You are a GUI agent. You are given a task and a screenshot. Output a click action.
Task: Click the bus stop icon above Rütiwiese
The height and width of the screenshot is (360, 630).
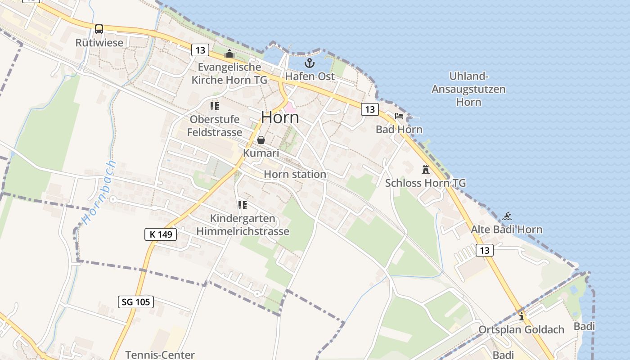99,29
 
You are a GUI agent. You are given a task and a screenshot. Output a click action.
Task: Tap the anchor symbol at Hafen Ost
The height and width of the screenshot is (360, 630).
310,63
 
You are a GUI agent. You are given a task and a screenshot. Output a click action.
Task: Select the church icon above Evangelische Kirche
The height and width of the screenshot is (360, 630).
229,54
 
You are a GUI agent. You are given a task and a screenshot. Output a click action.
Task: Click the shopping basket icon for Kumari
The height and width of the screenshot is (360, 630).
261,140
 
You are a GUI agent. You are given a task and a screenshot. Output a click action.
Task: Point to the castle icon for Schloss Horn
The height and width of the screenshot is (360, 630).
426,170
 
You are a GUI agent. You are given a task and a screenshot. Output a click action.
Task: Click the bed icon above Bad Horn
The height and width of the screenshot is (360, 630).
399,116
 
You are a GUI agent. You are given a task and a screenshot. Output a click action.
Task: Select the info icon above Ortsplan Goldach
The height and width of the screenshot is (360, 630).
522,316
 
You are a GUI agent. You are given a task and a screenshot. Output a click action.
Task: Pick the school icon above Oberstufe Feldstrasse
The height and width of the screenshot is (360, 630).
215,106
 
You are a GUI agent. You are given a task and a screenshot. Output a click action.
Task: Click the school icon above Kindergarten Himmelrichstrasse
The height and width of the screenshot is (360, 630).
243,205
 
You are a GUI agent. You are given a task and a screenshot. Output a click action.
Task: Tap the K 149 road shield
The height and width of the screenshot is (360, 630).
161,234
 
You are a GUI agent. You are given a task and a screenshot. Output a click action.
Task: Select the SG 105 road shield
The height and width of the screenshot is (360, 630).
136,301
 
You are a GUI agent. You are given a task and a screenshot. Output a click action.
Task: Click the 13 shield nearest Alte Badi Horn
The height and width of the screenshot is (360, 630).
484,250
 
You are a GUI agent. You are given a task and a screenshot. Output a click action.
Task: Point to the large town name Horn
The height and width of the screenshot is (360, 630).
280,117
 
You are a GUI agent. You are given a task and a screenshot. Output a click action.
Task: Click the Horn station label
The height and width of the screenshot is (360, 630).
295,174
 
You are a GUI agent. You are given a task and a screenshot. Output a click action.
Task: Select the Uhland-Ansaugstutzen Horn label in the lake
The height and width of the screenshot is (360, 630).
468,89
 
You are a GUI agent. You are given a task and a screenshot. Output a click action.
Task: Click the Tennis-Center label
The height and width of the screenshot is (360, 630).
160,355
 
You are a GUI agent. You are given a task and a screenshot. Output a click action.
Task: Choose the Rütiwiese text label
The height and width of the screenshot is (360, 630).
99,43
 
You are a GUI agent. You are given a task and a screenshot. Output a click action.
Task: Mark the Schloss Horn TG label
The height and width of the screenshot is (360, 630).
425,183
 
